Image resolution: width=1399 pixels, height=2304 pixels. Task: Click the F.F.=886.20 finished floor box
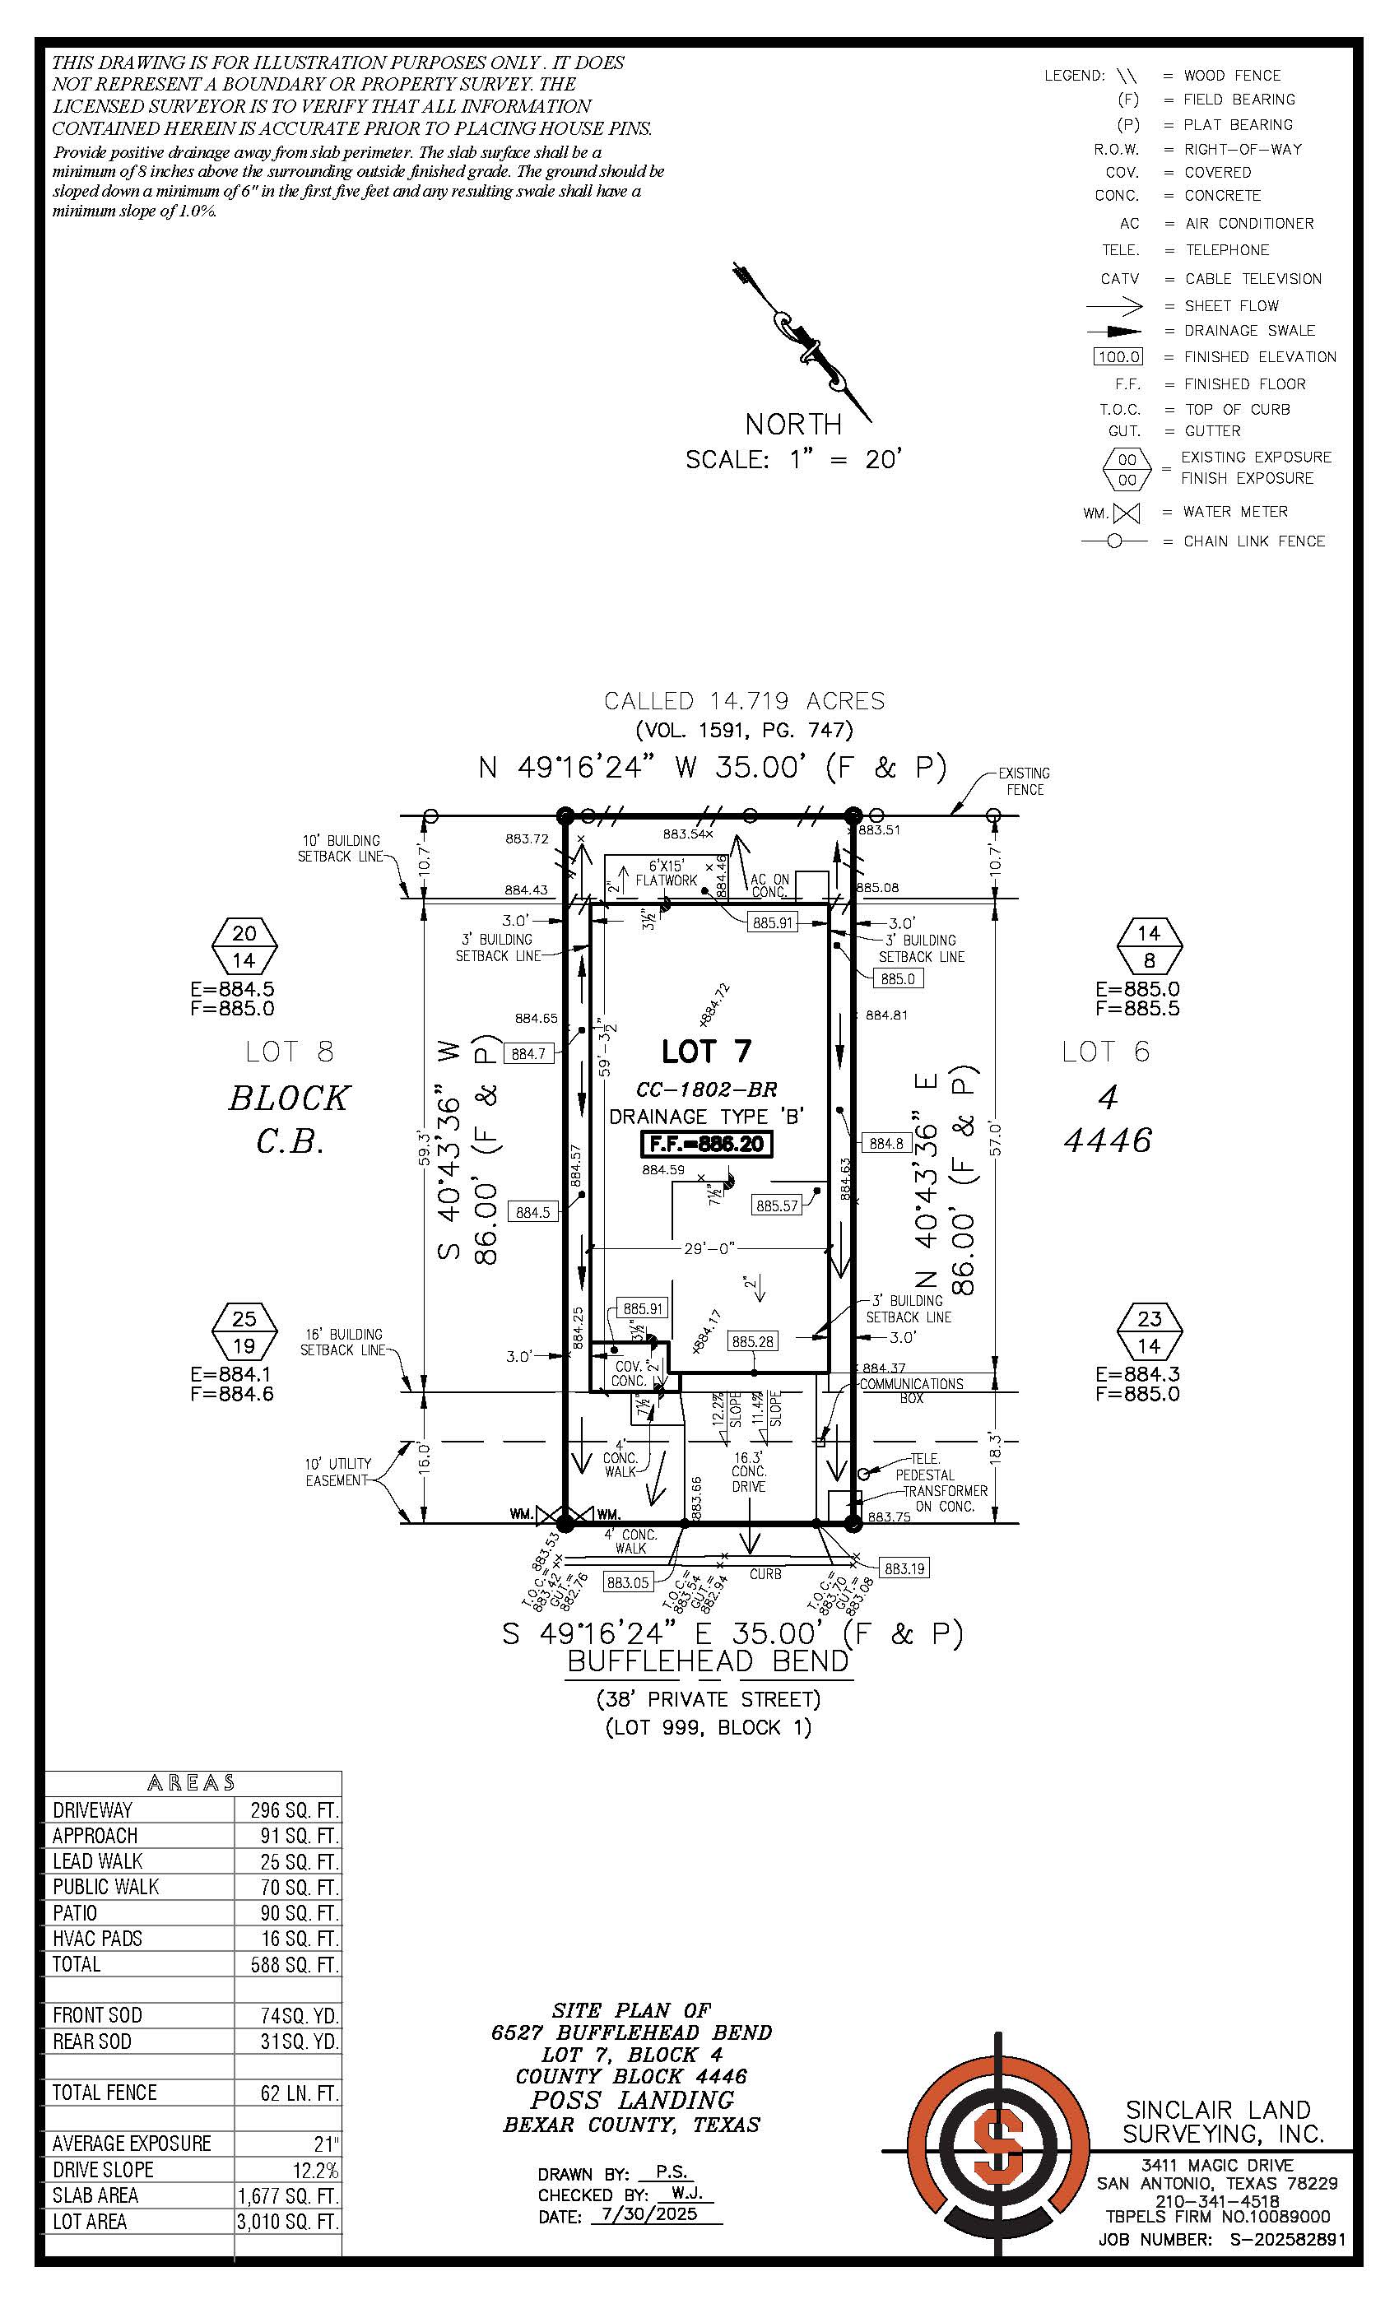point(707,1144)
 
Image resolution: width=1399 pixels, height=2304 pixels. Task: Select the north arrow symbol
point(802,342)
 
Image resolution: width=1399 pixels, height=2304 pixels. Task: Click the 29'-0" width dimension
point(708,1248)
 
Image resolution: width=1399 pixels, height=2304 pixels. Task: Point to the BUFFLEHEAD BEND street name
point(708,1661)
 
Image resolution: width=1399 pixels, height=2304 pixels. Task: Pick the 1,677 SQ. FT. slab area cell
point(288,2195)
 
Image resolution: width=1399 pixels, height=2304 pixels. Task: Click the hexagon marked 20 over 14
point(244,946)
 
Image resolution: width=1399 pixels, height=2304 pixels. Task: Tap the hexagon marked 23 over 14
point(1150,1332)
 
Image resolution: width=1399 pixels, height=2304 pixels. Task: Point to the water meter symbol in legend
point(1127,513)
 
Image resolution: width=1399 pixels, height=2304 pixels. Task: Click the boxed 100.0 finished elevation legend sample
point(1118,357)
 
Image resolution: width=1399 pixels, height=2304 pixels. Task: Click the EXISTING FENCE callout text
point(1024,781)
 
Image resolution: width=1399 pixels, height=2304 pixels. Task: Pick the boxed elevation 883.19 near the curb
point(904,1568)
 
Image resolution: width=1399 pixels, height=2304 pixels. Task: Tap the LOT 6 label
point(1105,1052)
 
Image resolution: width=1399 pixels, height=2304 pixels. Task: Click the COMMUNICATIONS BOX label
point(911,1391)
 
